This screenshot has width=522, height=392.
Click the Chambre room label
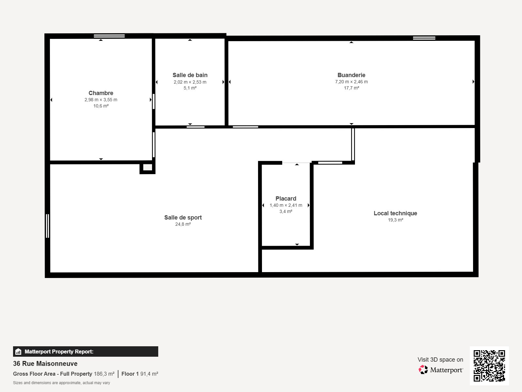(101, 93)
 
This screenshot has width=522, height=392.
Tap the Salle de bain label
(190, 75)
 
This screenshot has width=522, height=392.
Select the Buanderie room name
(351, 75)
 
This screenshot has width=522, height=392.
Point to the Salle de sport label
(183, 218)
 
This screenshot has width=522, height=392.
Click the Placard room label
(286, 199)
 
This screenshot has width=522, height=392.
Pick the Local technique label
(395, 213)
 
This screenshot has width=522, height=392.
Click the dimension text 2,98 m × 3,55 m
(101, 100)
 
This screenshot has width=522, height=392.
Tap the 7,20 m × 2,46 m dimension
(351, 82)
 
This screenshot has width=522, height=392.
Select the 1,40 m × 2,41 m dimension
(286, 205)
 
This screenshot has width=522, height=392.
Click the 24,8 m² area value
(183, 224)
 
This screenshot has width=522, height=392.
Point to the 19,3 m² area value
(395, 220)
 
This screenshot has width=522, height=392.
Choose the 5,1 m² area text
(190, 88)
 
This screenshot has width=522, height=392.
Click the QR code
(489, 366)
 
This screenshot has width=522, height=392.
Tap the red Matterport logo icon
(423, 369)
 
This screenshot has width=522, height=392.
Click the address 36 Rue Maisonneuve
(45, 364)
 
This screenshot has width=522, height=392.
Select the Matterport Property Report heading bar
(85, 351)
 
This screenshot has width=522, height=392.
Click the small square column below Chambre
(147, 167)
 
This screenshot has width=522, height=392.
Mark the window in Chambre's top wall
(109, 36)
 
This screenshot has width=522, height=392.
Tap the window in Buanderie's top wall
(424, 38)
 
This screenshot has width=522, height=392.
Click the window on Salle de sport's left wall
(48, 226)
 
